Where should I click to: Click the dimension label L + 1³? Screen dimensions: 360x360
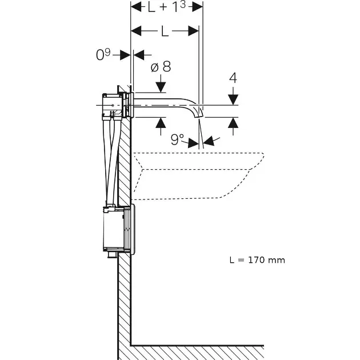[x=167, y=7]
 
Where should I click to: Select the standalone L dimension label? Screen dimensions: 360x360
[x=165, y=31]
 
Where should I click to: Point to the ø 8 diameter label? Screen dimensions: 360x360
[x=161, y=67]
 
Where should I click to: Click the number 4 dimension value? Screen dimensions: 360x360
[x=233, y=78]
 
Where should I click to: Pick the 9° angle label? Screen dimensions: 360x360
[x=178, y=139]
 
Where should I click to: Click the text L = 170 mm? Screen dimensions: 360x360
[x=257, y=260]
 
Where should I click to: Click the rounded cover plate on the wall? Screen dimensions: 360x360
[x=133, y=228]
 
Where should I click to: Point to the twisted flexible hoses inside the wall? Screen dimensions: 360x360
[x=111, y=160]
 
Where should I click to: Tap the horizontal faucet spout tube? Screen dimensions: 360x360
[x=166, y=105]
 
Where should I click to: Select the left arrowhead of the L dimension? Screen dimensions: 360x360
[x=135, y=31]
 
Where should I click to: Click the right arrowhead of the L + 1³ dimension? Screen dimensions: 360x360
[x=199, y=7]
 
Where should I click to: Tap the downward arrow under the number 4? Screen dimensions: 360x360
[x=233, y=99]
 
